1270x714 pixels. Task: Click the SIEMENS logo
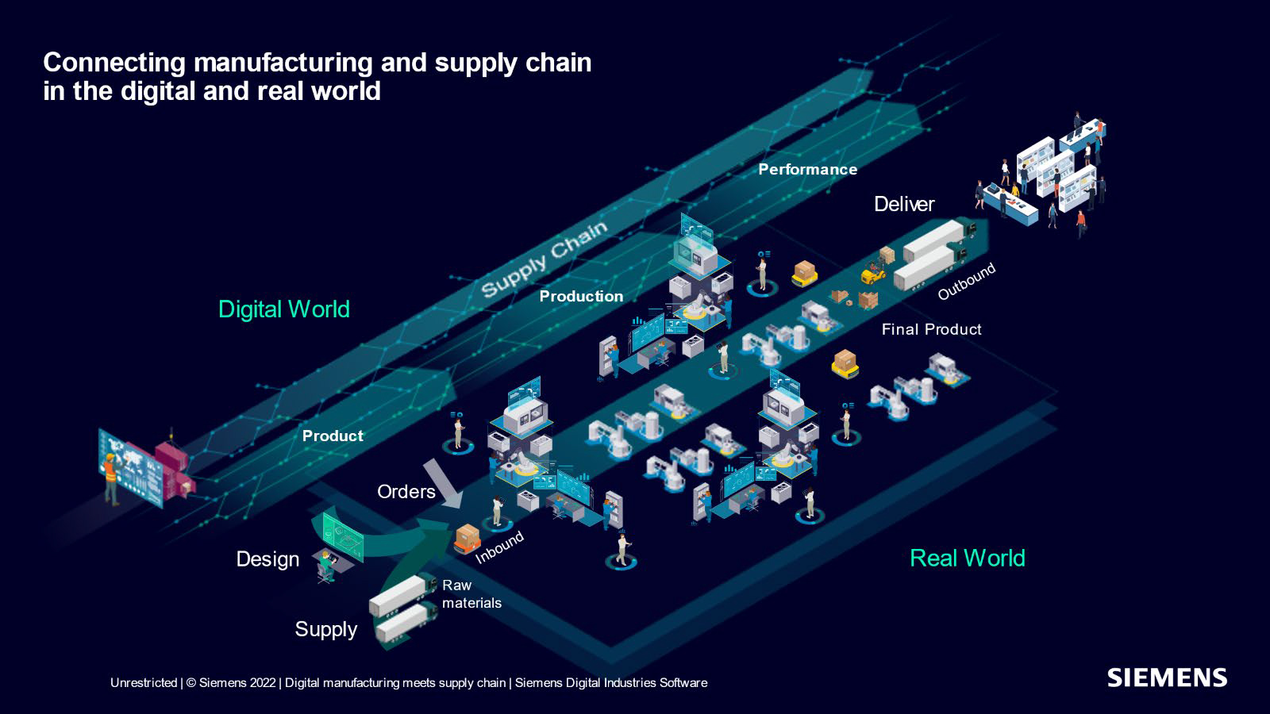click(x=1166, y=678)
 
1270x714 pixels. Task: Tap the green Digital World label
click(x=283, y=309)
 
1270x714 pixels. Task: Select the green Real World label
click(x=967, y=558)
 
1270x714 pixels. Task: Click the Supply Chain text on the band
click(x=544, y=259)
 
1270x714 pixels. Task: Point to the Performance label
click(x=807, y=169)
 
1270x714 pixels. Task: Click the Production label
click(x=581, y=296)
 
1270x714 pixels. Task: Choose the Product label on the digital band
click(x=333, y=436)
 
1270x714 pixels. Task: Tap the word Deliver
click(x=903, y=204)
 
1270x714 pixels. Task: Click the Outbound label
click(x=965, y=282)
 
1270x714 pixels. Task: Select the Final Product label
click(x=931, y=329)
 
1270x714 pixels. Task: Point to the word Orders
click(x=406, y=492)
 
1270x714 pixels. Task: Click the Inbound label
click(x=499, y=547)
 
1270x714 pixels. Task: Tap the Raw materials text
click(x=471, y=594)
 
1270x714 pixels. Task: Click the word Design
click(x=267, y=559)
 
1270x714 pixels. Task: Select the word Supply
click(x=325, y=629)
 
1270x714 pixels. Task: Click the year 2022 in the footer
click(x=263, y=682)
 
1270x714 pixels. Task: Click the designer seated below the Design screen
click(x=325, y=566)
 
